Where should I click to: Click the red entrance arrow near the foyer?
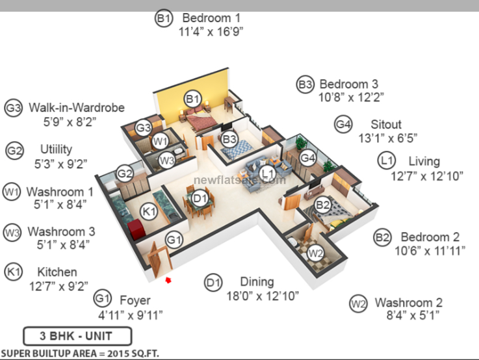168,280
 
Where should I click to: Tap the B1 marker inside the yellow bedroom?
193,99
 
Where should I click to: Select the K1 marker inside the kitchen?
149,211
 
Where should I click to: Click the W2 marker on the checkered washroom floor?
316,253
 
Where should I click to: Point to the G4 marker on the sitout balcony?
307,158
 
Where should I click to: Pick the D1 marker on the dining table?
200,199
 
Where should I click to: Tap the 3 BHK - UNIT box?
77,336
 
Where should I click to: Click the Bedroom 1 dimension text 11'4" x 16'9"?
211,32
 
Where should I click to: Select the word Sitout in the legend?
386,125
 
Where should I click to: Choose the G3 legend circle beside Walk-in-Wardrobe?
14,108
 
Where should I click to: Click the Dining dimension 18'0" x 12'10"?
263,296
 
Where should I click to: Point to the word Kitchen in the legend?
57,272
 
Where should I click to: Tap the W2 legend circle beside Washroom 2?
358,304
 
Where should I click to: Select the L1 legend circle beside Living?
387,161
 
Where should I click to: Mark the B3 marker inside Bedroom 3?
229,139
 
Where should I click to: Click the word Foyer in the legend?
135,300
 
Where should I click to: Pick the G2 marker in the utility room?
125,174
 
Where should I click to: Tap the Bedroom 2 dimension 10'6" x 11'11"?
430,251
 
